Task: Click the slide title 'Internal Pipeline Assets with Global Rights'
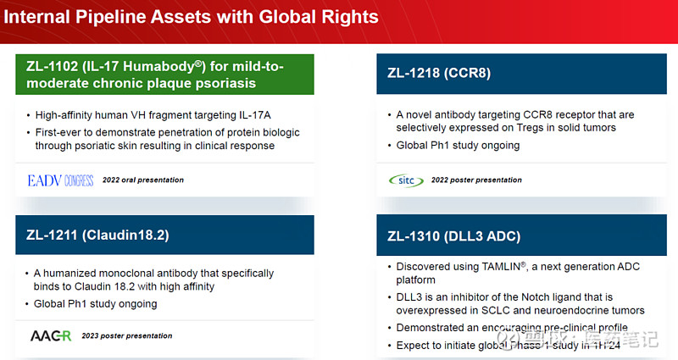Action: pyautogui.click(x=192, y=17)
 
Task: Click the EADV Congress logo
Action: pyautogui.click(x=61, y=180)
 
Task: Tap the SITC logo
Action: pyautogui.click(x=403, y=180)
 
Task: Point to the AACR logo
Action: pyautogui.click(x=51, y=335)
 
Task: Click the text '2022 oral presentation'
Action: pyautogui.click(x=142, y=180)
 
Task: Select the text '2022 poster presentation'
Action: pyautogui.click(x=476, y=180)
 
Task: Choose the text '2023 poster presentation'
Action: pyautogui.click(x=127, y=335)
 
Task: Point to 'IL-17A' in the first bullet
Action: pyautogui.click(x=256, y=114)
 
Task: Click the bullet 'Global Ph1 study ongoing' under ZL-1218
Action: pyautogui.click(x=458, y=145)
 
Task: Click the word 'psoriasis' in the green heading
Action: pyautogui.click(x=214, y=83)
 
